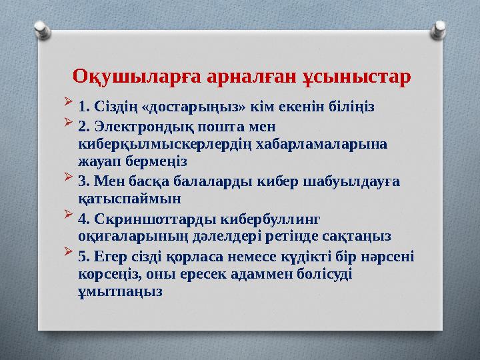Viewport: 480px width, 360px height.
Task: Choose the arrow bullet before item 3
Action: pyautogui.click(x=70, y=180)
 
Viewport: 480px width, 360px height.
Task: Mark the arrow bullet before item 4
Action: pyautogui.click(x=70, y=217)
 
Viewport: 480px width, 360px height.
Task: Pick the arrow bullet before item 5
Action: pyautogui.click(x=70, y=255)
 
